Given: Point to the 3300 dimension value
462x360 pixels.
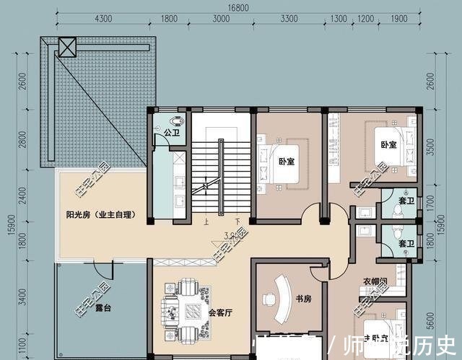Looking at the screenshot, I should tap(289, 19).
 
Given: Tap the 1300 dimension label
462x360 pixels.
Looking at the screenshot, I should tap(339, 19).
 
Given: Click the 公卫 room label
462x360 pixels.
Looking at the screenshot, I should tap(171, 133).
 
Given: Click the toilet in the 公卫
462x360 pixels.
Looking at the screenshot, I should tap(176, 120).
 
